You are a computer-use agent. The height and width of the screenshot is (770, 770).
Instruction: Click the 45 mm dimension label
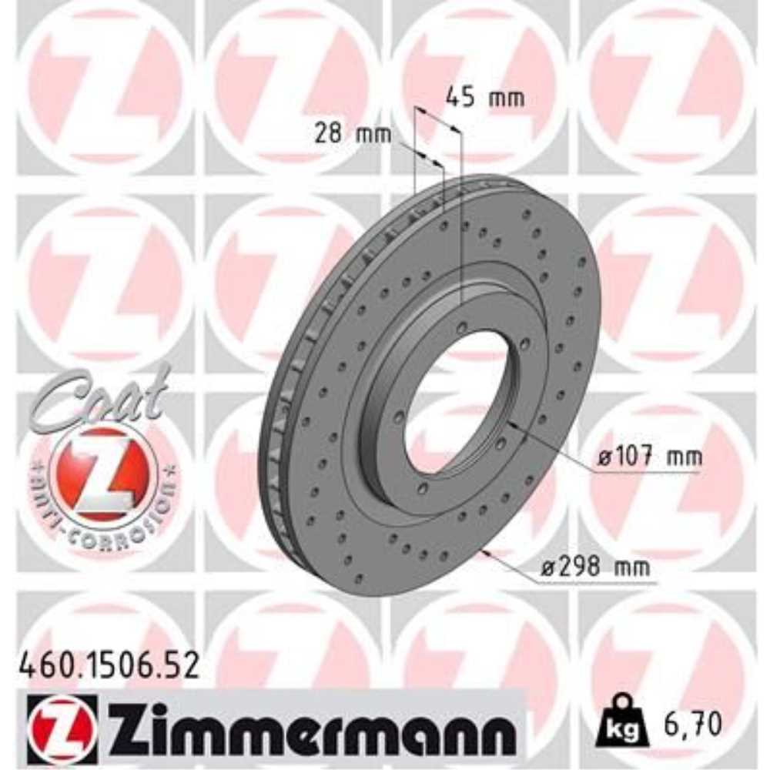[485, 98]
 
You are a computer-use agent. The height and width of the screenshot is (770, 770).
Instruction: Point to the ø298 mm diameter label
[594, 569]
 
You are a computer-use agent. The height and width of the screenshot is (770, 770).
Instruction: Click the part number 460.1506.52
[107, 665]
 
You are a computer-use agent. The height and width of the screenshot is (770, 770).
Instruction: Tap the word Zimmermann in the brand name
[309, 728]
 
